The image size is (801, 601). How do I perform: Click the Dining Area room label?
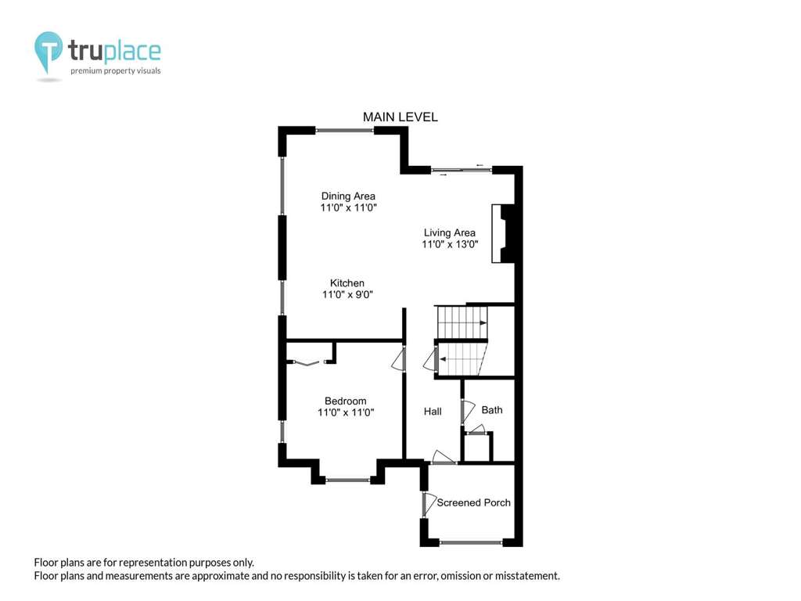pos(348,196)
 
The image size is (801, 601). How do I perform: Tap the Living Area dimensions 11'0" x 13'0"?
pos(450,244)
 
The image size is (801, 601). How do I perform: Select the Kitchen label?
pos(347,283)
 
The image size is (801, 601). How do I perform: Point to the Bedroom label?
pos(345,401)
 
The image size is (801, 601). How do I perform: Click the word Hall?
pos(433,412)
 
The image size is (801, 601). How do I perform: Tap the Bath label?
pos(492,410)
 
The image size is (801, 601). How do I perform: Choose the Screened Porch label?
pos(473,502)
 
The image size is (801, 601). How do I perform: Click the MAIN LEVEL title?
pos(400,117)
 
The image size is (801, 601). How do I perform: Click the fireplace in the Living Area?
pos(503,233)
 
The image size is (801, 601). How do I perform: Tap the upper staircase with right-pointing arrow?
pos(462,322)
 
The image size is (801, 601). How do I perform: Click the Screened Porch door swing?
pos(429,504)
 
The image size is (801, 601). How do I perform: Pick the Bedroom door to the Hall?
pos(398,358)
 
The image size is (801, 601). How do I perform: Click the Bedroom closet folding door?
pos(307,363)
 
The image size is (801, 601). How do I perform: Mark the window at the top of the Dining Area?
pos(345,131)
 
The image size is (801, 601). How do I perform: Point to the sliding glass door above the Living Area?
pos(462,170)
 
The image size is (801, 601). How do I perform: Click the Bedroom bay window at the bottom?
pos(348,480)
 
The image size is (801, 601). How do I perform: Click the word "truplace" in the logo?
pos(114,51)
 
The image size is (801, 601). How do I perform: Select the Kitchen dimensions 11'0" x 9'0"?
pos(347,294)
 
